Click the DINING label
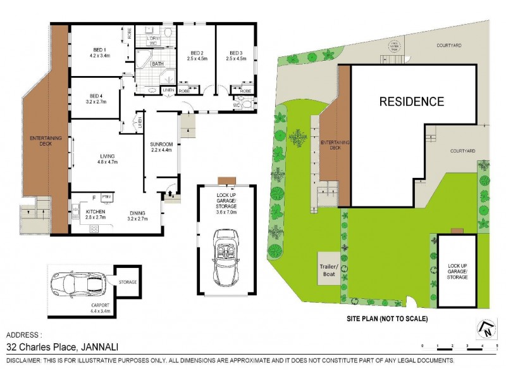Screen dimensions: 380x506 137,212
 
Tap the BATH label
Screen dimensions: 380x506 158,64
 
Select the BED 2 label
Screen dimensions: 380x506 196,53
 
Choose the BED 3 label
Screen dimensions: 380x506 235,53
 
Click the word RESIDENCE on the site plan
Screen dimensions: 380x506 411,101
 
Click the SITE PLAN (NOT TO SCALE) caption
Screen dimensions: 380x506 386,318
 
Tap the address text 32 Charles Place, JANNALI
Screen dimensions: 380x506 62,347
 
